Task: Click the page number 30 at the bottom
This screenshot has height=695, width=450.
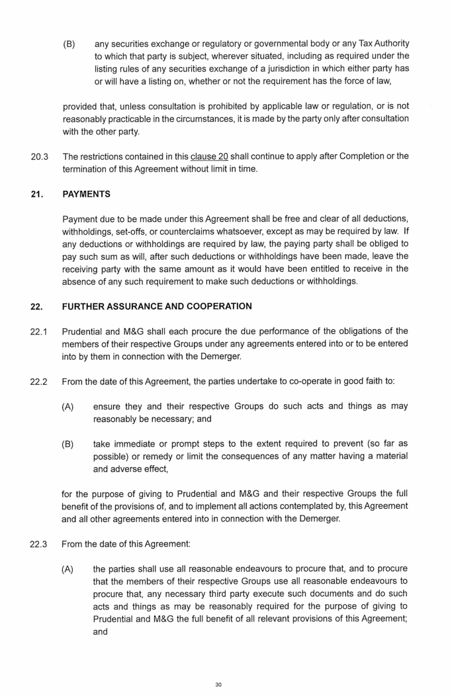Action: pyautogui.click(x=218, y=684)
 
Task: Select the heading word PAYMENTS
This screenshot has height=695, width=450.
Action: pyautogui.click(x=86, y=195)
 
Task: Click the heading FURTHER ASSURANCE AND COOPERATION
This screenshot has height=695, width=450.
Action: pyautogui.click(x=157, y=307)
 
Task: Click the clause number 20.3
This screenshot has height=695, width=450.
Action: pyautogui.click(x=39, y=157)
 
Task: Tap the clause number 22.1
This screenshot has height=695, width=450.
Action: pyautogui.click(x=39, y=331)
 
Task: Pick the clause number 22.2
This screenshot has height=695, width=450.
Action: pyautogui.click(x=39, y=382)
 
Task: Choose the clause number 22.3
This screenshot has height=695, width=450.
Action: pyautogui.click(x=39, y=544)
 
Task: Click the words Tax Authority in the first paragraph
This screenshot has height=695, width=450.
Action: pyautogui.click(x=380, y=43)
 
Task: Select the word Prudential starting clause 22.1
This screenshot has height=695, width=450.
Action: pyautogui.click(x=83, y=331)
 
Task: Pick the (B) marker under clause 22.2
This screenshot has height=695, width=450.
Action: pyautogui.click(x=67, y=444)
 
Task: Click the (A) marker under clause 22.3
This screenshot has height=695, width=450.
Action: pyautogui.click(x=67, y=569)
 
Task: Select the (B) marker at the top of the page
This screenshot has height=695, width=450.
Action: pyautogui.click(x=69, y=43)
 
